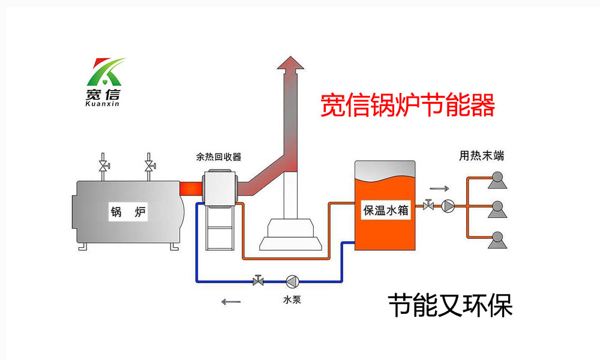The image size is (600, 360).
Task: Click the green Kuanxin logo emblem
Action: tap(105, 71)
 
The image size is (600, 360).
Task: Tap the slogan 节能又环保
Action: tap(450, 305)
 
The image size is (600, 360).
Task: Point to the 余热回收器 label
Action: tap(218, 157)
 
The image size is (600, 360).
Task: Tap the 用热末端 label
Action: tap(481, 157)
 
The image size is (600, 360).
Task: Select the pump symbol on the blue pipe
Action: tap(293, 281)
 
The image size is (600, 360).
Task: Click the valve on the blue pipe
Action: tap(259, 280)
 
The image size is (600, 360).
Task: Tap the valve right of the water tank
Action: tap(428, 206)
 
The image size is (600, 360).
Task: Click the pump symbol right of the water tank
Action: tap(448, 206)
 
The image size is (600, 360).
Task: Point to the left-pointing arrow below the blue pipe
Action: tap(230, 301)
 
